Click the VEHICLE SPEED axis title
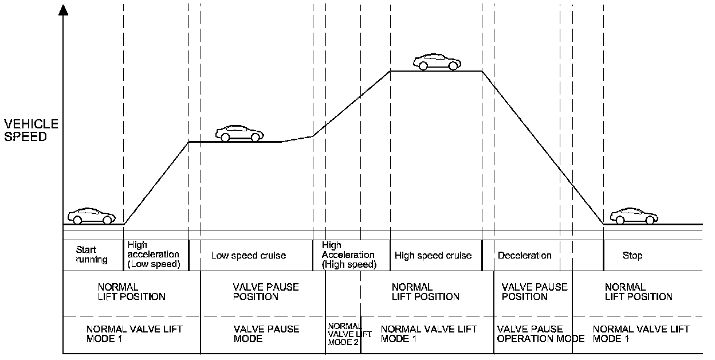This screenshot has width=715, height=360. (x=31, y=131)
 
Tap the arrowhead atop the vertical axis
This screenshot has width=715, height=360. (x=62, y=10)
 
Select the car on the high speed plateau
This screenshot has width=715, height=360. (x=437, y=62)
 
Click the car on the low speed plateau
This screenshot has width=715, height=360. (x=239, y=133)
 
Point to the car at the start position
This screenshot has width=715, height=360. (x=91, y=216)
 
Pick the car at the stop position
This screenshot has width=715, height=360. (x=634, y=216)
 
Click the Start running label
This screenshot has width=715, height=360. (x=92, y=255)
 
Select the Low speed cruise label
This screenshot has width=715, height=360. (x=249, y=256)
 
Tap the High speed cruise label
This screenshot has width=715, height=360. (x=433, y=256)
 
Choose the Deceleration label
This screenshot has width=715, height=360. (x=525, y=256)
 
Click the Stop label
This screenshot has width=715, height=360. (x=632, y=256)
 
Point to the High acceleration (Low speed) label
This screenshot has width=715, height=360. (x=154, y=255)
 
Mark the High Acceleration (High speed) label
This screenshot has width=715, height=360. (x=348, y=255)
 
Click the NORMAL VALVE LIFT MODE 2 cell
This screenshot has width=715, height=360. (x=343, y=334)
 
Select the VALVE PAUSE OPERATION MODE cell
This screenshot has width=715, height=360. (x=540, y=334)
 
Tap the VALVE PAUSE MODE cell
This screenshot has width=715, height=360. (x=266, y=334)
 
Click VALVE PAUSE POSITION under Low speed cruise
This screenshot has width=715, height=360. (x=266, y=292)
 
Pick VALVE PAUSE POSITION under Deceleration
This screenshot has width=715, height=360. (x=534, y=292)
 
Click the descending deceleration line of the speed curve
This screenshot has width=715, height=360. (x=541, y=146)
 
